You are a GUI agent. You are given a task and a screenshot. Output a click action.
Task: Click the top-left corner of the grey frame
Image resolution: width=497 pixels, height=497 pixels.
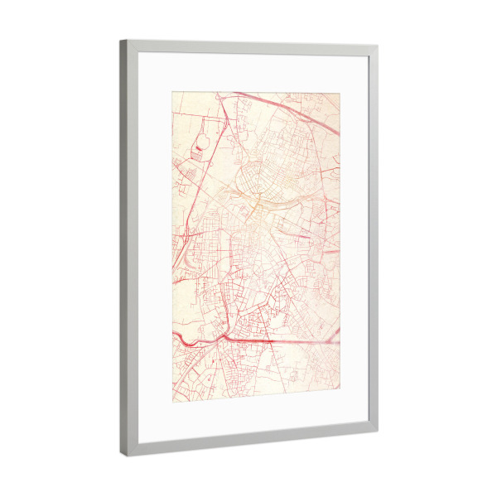tap(121, 41)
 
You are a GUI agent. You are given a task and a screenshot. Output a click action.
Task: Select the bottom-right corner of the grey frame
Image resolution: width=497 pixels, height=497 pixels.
tap(377, 432)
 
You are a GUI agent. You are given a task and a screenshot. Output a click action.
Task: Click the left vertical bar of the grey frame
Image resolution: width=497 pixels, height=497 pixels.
tap(128, 248)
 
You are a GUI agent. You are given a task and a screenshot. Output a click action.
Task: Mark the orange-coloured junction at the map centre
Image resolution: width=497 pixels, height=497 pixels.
tap(256, 200)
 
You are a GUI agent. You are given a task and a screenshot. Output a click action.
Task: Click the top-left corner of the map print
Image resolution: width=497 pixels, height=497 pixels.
tap(172, 91)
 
